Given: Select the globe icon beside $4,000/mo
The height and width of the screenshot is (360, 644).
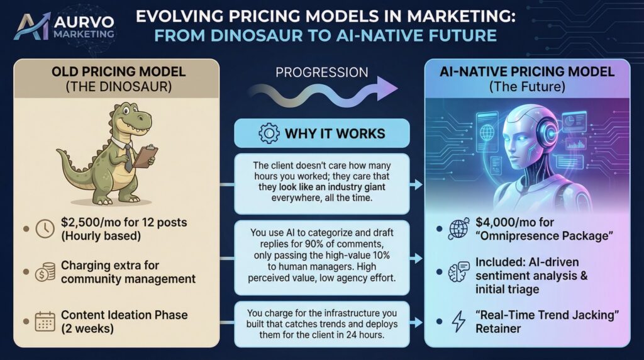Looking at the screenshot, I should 457,230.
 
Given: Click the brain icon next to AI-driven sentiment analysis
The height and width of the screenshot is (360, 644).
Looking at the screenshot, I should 457,273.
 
